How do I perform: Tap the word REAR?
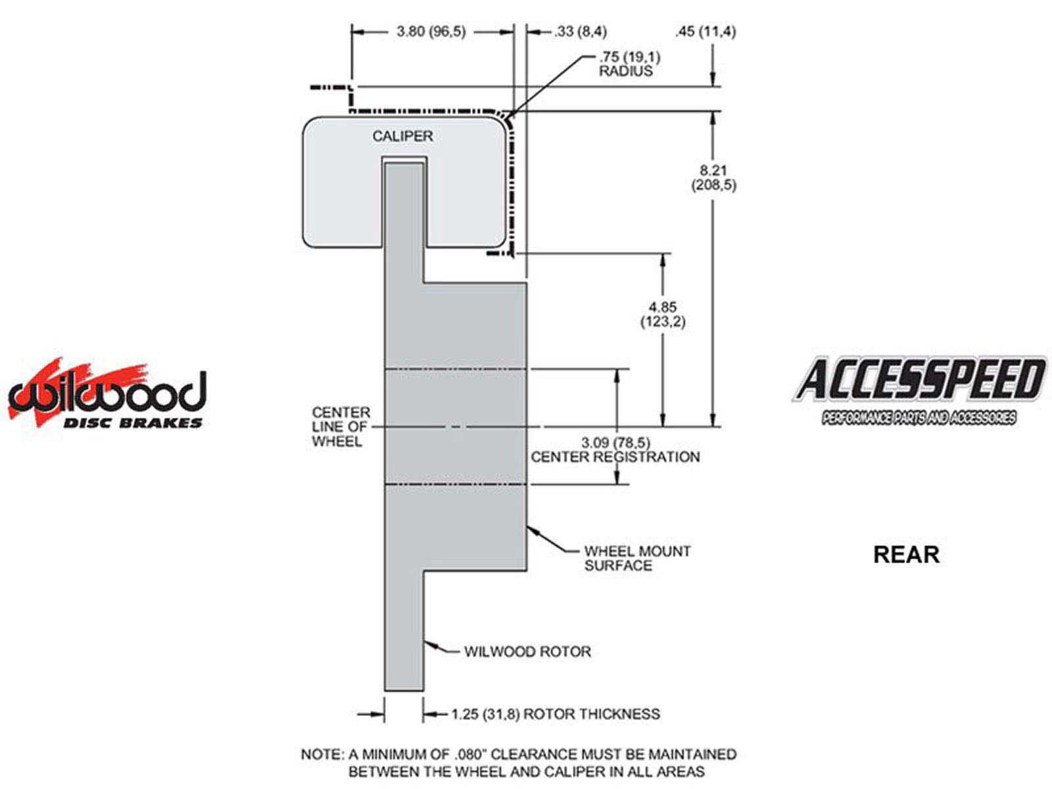[906, 554]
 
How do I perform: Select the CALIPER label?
[402, 136]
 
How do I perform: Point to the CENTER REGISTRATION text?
[615, 456]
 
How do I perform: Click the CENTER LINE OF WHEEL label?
[341, 427]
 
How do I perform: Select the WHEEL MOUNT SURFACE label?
[637, 558]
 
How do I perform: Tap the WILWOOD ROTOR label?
[527, 652]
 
